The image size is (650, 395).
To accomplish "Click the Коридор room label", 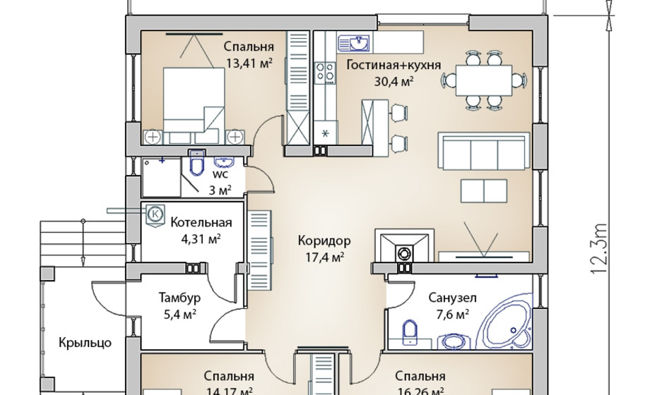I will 325,240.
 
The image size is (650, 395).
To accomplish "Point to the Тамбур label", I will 179,298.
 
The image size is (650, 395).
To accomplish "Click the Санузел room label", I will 452,298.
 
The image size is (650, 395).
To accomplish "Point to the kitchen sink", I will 357,43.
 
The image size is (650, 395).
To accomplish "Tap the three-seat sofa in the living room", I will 483,150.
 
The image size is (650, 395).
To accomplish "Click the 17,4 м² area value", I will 326,257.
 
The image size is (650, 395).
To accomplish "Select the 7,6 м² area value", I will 452,315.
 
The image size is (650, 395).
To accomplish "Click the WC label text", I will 220,174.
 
